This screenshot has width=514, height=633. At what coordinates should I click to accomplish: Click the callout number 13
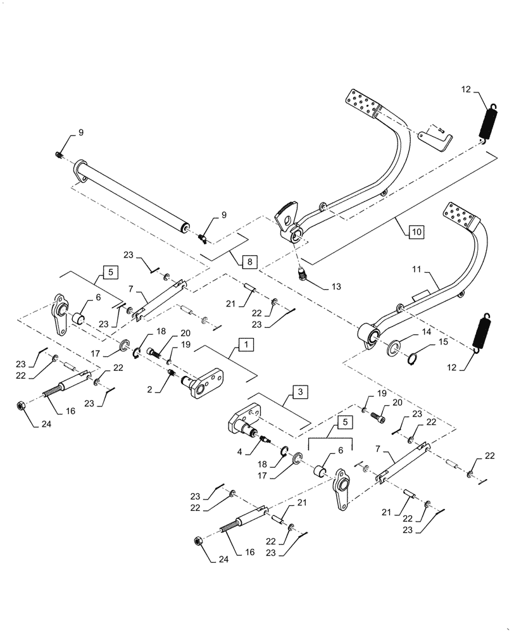point(335,287)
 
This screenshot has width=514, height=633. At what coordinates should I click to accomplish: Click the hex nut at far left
point(20,404)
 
